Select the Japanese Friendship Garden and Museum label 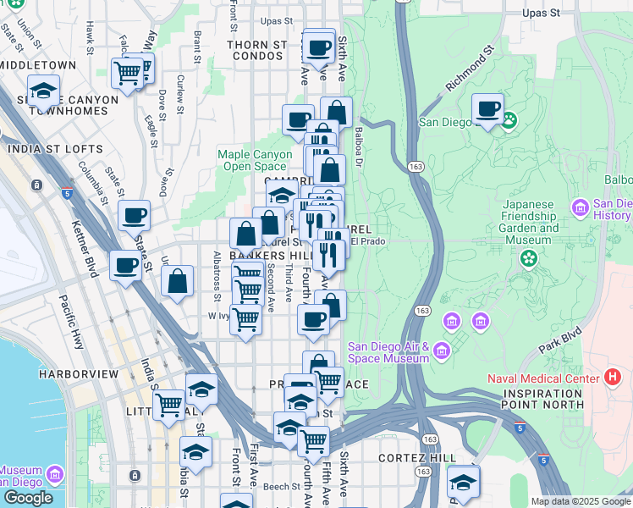531,222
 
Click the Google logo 28,498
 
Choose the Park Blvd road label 563,340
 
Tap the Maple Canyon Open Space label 252,160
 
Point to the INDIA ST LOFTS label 54,149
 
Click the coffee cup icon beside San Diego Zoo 487,108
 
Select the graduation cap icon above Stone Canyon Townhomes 42,90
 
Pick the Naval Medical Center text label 542,377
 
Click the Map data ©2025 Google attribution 581,501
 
